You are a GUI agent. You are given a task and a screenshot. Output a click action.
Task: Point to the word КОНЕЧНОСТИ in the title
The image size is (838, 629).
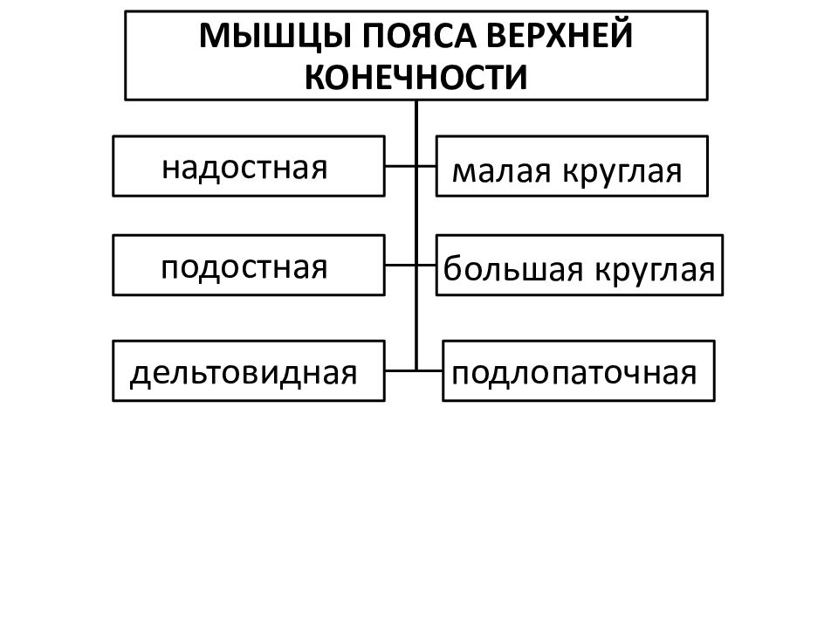416,77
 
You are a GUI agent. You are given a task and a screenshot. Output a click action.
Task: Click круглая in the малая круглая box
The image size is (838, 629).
622,173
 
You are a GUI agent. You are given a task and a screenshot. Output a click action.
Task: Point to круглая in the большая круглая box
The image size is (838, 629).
656,271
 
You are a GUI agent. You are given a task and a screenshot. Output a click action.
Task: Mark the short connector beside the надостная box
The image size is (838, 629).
401,166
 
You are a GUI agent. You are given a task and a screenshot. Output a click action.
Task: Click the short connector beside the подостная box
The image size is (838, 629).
401,266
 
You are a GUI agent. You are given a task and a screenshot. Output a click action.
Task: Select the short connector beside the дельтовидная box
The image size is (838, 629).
401,370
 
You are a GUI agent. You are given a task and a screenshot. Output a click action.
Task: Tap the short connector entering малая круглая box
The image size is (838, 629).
427,166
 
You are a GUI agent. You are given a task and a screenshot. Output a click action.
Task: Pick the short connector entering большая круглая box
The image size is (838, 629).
427,266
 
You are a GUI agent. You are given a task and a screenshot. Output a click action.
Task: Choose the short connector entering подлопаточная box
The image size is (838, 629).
429,370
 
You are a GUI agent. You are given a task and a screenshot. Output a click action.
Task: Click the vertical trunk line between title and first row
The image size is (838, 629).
416,133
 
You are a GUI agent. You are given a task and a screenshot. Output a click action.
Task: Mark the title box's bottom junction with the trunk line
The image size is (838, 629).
416,100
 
